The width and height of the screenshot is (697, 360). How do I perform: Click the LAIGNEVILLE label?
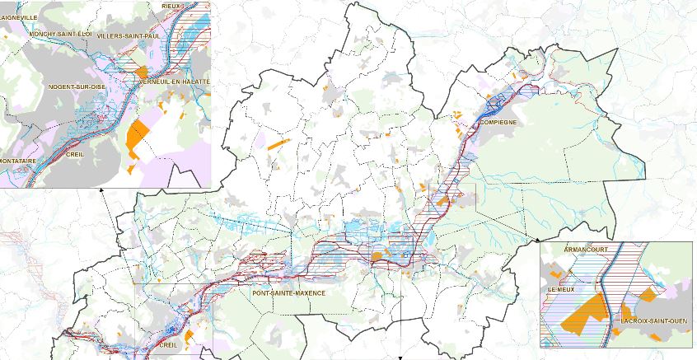pos(18,16)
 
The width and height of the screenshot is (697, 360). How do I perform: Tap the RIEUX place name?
pos(171,6)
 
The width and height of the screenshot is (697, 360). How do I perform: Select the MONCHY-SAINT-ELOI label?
pos(58,35)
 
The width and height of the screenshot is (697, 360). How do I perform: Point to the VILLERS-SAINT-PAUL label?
pos(127,37)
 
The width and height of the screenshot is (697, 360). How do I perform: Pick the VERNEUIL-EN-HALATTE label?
pos(175,82)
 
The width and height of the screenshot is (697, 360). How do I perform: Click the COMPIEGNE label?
pos(497,123)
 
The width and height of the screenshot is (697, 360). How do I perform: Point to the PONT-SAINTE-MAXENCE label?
pos(289,293)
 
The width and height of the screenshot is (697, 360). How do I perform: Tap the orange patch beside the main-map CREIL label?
pos(189,335)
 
